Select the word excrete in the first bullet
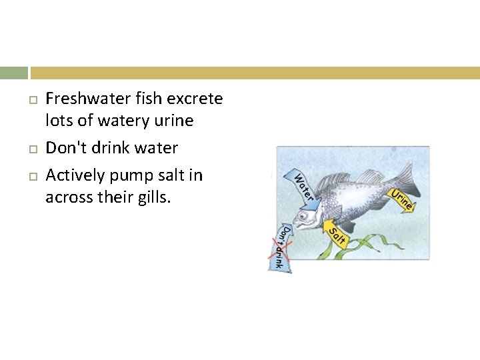195,99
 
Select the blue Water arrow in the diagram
300,185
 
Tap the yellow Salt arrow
335,235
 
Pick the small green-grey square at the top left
13,73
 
